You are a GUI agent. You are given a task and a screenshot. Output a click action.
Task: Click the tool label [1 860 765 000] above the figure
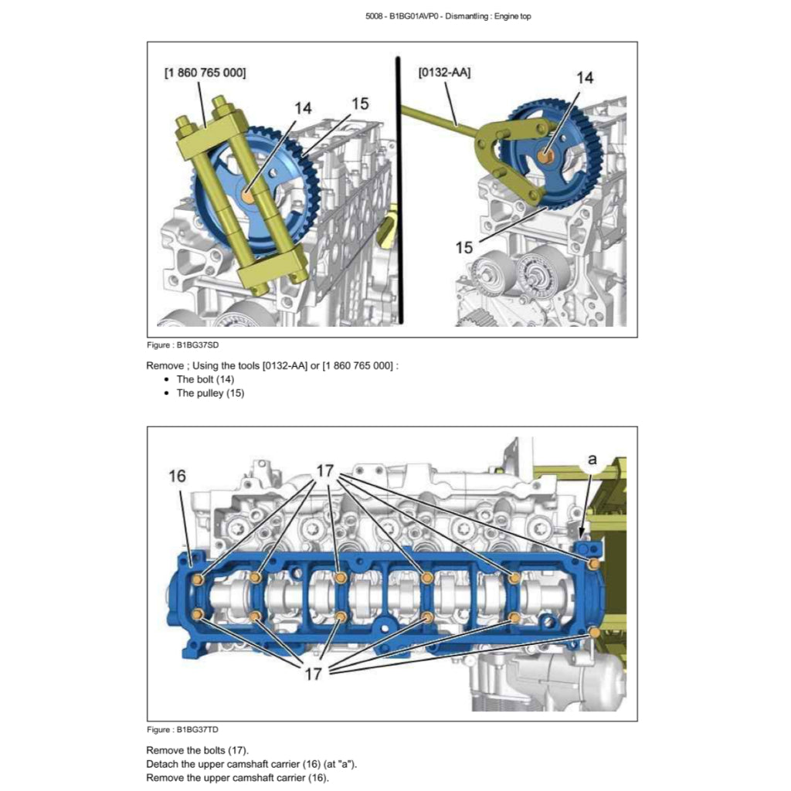[x=205, y=73]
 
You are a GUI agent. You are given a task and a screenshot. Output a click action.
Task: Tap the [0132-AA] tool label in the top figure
[x=444, y=73]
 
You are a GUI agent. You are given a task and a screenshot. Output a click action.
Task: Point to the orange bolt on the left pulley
[x=247, y=196]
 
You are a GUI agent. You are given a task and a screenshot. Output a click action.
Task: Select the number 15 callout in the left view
[x=360, y=104]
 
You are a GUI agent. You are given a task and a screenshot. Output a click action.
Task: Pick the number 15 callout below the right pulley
[x=463, y=247]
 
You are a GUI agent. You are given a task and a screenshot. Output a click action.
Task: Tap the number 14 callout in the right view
[x=585, y=78]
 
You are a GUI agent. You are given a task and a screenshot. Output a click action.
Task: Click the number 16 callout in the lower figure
[x=178, y=476]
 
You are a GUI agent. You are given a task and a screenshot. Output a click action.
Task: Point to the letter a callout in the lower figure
[x=592, y=459]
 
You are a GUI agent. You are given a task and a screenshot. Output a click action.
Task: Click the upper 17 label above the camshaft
[x=325, y=470]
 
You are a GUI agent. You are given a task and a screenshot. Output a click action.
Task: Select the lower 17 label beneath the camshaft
[x=313, y=674]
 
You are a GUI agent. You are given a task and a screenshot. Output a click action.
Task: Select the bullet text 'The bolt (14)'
[x=205, y=379]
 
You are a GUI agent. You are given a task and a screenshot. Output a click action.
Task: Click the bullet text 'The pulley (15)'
[x=210, y=393]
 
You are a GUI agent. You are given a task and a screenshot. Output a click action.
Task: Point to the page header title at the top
[x=449, y=16]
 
